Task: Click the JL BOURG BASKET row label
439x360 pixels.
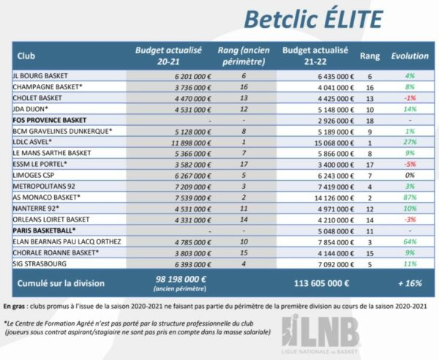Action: point(41,75)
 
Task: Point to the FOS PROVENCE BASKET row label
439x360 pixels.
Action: point(50,119)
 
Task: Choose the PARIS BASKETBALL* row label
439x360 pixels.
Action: point(45,230)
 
